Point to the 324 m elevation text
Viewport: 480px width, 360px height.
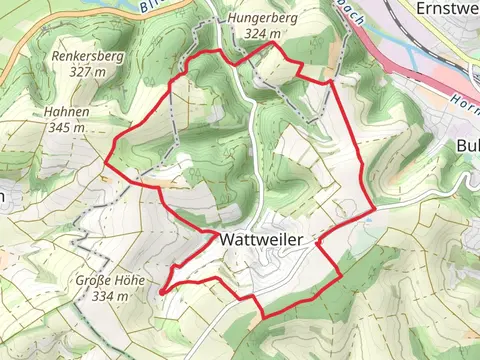(x=261, y=34)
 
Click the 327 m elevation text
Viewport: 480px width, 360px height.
(x=87, y=72)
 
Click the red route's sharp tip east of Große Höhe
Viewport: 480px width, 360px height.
(x=160, y=291)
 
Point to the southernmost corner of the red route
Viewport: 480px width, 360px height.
(x=264, y=318)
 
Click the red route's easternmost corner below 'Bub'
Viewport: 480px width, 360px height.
(x=375, y=210)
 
